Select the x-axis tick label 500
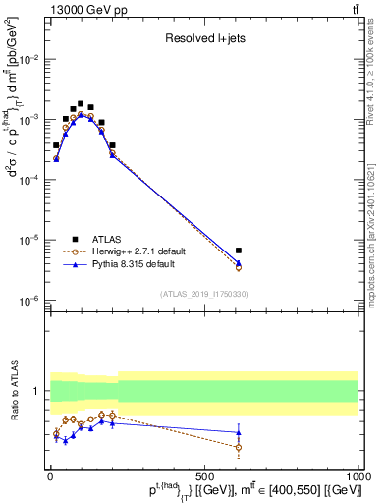click(x=204, y=475)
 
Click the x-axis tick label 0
click(x=51, y=475)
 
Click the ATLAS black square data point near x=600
click(x=239, y=251)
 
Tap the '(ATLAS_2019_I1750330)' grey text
click(x=204, y=294)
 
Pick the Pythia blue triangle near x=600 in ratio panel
click(x=239, y=432)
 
